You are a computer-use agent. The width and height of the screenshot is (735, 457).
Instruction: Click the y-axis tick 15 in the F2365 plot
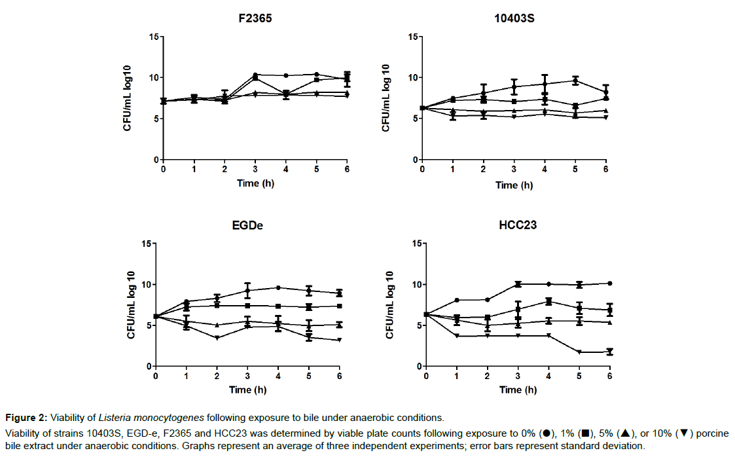[154, 37]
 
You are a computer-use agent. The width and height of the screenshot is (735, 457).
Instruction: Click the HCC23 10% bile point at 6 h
[609, 352]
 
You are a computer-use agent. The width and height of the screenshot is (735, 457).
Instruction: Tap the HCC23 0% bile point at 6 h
[609, 283]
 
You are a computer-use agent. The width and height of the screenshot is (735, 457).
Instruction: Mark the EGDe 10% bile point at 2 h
[217, 338]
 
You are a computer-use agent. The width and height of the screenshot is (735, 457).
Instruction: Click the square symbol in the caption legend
[586, 433]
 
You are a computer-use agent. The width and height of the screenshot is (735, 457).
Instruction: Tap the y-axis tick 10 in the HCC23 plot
[414, 284]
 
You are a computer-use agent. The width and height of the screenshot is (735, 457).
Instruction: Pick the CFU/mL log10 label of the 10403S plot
[386, 98]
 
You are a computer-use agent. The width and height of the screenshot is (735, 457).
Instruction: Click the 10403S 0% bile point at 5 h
[575, 81]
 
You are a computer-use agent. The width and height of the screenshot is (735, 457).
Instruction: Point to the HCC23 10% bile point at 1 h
[457, 336]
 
